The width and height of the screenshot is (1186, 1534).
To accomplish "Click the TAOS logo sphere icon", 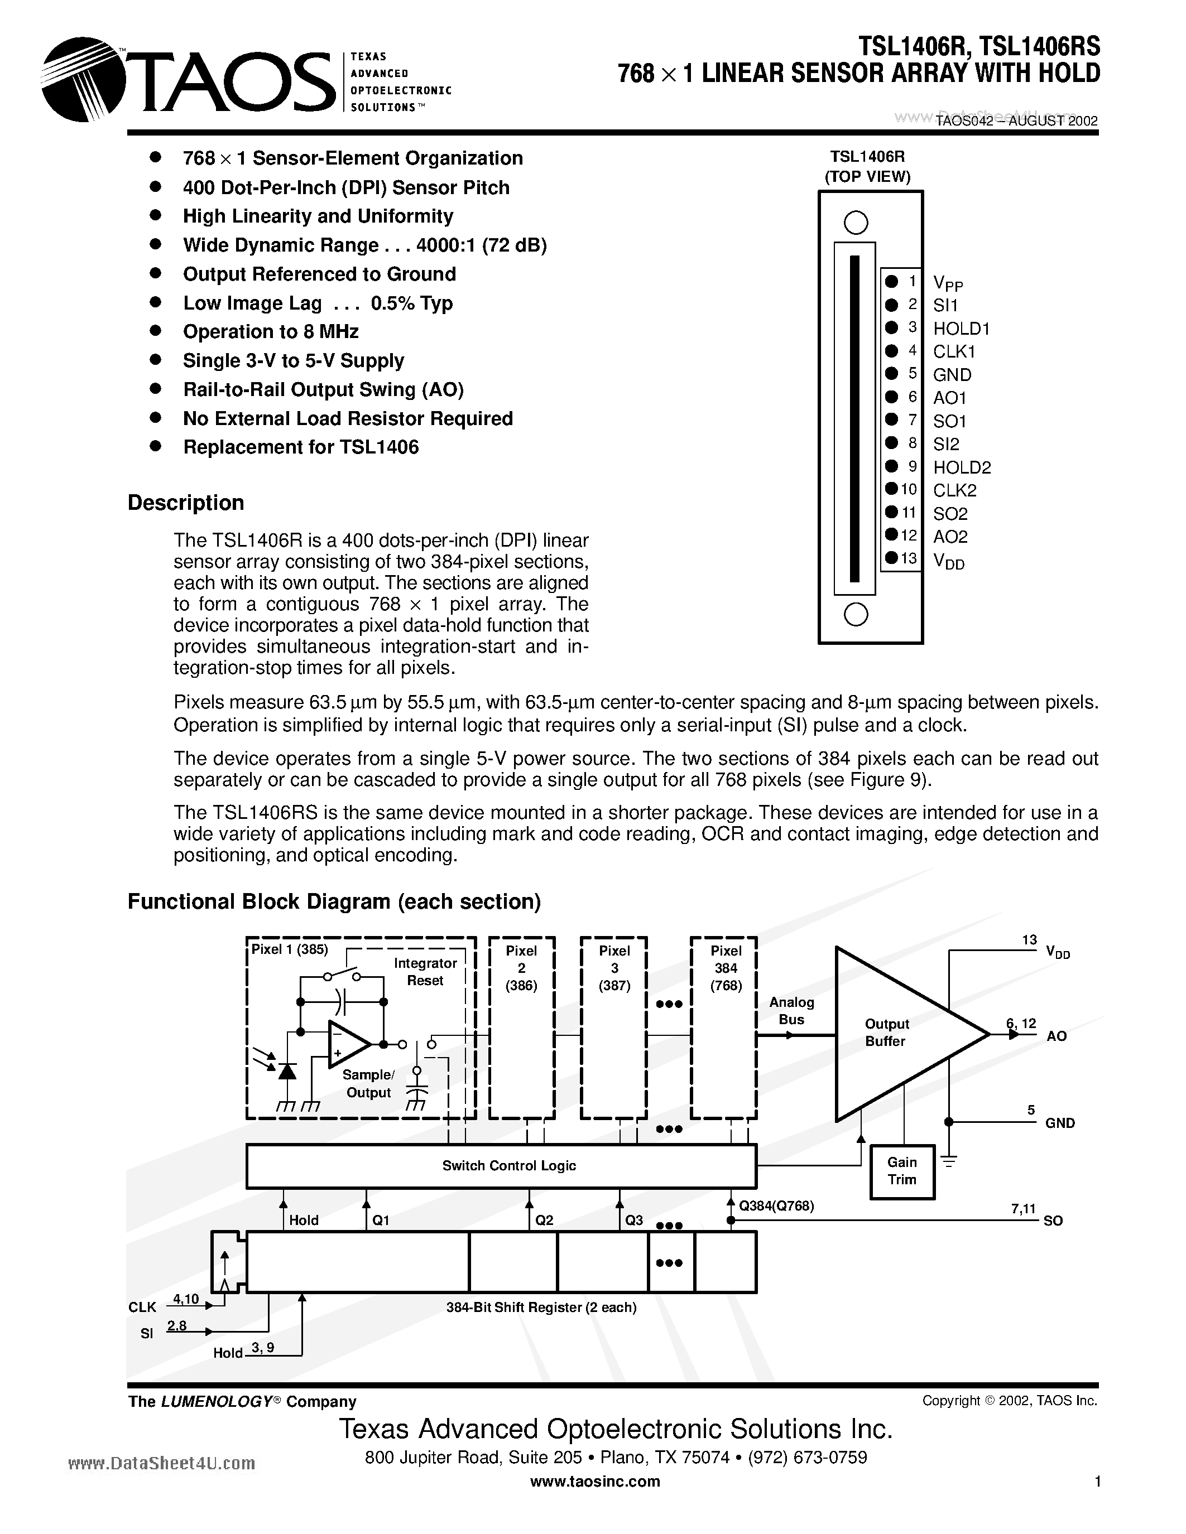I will click(83, 79).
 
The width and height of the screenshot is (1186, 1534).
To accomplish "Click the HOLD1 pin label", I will click(961, 328).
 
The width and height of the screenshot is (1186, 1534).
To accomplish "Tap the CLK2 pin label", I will click(954, 490).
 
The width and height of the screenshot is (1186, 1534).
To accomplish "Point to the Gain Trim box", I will click(902, 1171).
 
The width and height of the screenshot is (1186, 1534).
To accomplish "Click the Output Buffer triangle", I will click(892, 1033).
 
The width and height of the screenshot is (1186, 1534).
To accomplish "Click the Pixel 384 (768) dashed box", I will click(724, 1027).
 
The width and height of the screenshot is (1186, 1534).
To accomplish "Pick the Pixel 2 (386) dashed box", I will click(521, 1027).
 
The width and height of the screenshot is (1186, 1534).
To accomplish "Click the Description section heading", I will click(185, 503).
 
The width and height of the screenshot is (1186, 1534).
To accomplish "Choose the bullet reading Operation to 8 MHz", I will click(271, 331).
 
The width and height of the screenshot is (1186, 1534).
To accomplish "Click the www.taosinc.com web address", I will click(594, 1482).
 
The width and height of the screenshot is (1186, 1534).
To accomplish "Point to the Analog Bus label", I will click(791, 1011).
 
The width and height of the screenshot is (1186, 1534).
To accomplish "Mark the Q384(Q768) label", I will click(776, 1206).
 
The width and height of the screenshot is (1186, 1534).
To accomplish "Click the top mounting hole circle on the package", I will click(855, 223).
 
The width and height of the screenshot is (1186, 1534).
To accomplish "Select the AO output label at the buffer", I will click(1056, 1036).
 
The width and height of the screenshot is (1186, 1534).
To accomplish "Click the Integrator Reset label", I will click(425, 971).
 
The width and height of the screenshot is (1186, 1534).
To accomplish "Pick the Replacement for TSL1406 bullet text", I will click(301, 447).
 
